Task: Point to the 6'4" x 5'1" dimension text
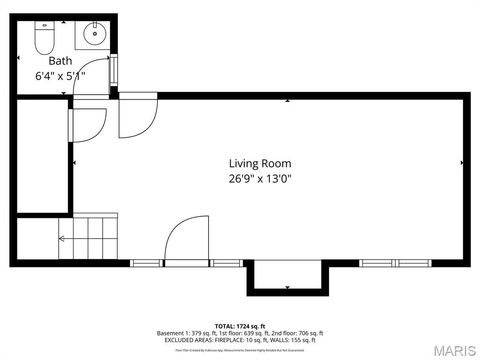(x=60, y=75)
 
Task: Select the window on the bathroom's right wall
(x=114, y=72)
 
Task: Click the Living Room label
(x=260, y=163)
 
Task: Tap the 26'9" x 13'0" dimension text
(x=260, y=179)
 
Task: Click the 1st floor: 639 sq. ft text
(x=243, y=333)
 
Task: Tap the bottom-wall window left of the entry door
(x=146, y=263)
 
